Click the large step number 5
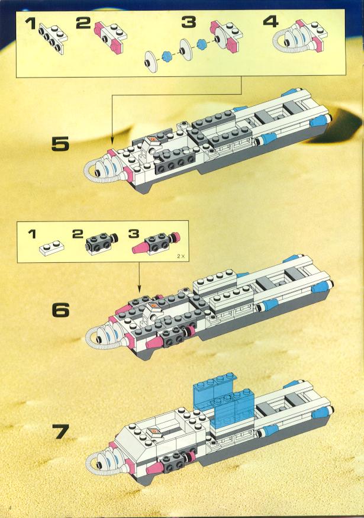pyautogui.click(x=60, y=144)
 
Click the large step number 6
pyautogui.click(x=61, y=310)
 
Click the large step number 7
pyautogui.click(x=60, y=432)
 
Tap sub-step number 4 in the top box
pyautogui.click(x=270, y=21)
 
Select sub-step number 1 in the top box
pyautogui.click(x=30, y=24)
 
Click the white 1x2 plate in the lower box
pyautogui.click(x=52, y=248)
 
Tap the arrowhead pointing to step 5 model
pyautogui.click(x=112, y=141)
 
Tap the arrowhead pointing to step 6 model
pyautogui.click(x=138, y=289)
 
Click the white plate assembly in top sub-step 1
pyautogui.click(x=53, y=37)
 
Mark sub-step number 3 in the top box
pyautogui.click(x=189, y=22)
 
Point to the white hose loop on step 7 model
pyautogui.click(x=95, y=465)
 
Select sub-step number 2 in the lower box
pyautogui.click(x=78, y=234)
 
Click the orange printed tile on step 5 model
pyautogui.click(x=153, y=140)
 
